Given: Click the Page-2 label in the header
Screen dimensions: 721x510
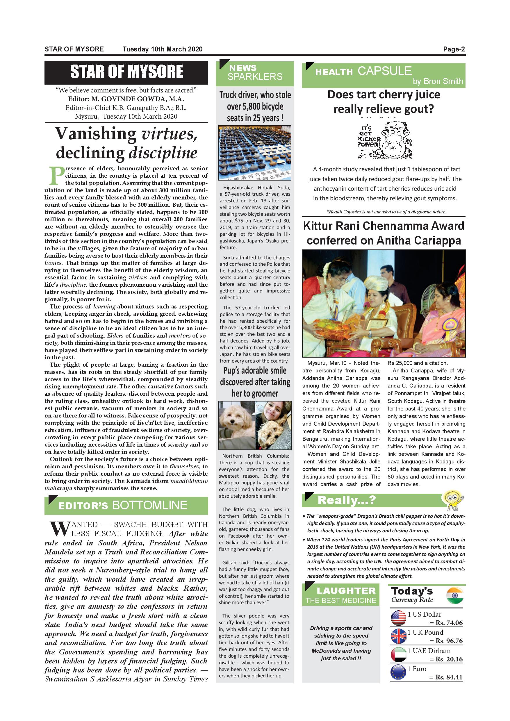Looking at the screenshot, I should click(x=454, y=49).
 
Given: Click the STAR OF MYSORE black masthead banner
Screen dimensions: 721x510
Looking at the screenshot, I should click(x=126, y=72).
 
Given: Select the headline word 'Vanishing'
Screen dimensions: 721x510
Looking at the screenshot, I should click(x=95, y=134).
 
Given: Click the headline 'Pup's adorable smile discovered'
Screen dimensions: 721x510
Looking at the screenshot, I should click(x=255, y=382).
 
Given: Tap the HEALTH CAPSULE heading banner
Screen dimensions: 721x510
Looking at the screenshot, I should click(x=384, y=75).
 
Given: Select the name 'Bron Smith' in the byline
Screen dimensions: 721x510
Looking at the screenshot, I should click(x=443, y=81).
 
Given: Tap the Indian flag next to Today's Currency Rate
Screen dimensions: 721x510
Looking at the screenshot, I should click(x=454, y=595).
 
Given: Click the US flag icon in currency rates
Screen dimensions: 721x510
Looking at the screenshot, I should click(x=399, y=618).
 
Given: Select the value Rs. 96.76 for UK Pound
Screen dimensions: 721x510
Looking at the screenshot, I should click(x=449, y=641).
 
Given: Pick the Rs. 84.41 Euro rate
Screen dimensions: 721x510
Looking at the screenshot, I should click(x=449, y=677).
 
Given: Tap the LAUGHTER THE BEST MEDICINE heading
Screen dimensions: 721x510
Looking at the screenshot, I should click(x=341, y=595).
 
